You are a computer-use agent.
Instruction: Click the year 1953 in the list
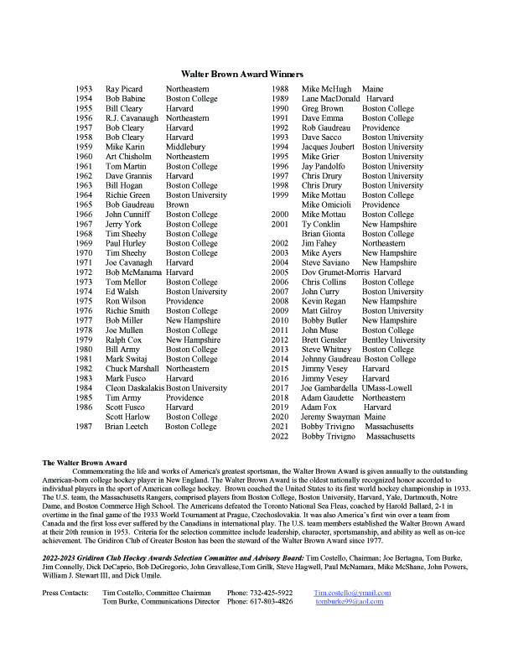point(84,89)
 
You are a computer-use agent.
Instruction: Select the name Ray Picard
point(123,89)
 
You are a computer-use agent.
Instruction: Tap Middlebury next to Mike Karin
point(188,147)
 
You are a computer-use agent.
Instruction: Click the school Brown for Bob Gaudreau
point(177,205)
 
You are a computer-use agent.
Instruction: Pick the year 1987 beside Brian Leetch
point(84,427)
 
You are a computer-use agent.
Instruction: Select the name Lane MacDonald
point(330,98)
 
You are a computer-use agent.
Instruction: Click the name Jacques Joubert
point(328,147)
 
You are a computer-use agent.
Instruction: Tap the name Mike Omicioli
point(328,205)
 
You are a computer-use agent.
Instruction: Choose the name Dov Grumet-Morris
point(334,272)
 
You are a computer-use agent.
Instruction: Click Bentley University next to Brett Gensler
point(393,340)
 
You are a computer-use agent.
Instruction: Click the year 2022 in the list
point(281,437)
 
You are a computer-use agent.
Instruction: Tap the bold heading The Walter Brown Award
point(84,462)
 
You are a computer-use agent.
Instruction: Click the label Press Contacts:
point(65,593)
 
